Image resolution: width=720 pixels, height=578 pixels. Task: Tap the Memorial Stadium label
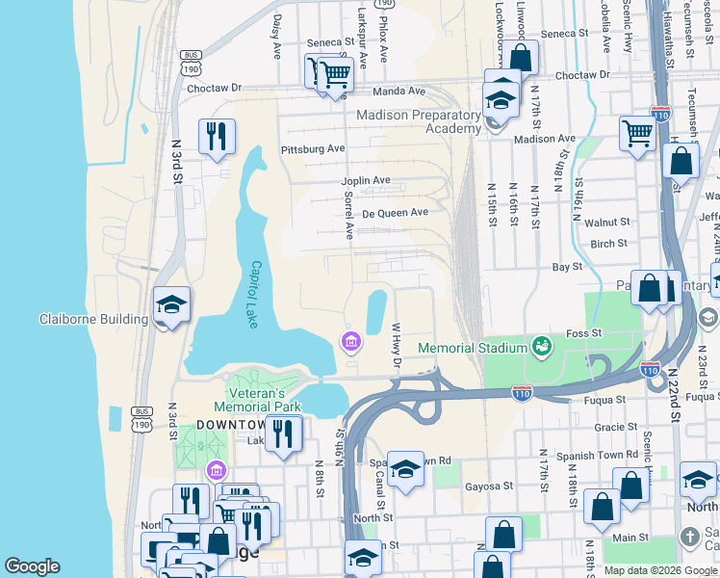tap(470, 347)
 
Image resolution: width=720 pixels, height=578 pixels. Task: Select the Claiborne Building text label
tap(93, 320)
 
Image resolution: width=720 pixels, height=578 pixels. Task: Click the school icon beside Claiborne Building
tap(171, 305)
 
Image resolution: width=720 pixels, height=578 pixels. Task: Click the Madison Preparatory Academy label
tap(419, 121)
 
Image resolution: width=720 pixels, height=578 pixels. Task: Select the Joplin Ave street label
tap(366, 180)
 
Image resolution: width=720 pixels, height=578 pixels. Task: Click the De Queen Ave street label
tap(395, 212)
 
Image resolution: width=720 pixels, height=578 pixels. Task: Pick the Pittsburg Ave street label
tap(312, 149)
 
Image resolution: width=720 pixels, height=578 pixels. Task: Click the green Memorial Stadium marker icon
tap(542, 345)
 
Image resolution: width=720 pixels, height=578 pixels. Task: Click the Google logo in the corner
tap(32, 566)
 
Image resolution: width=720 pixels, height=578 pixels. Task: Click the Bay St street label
tap(567, 265)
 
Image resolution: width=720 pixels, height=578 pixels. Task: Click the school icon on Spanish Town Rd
tap(406, 469)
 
